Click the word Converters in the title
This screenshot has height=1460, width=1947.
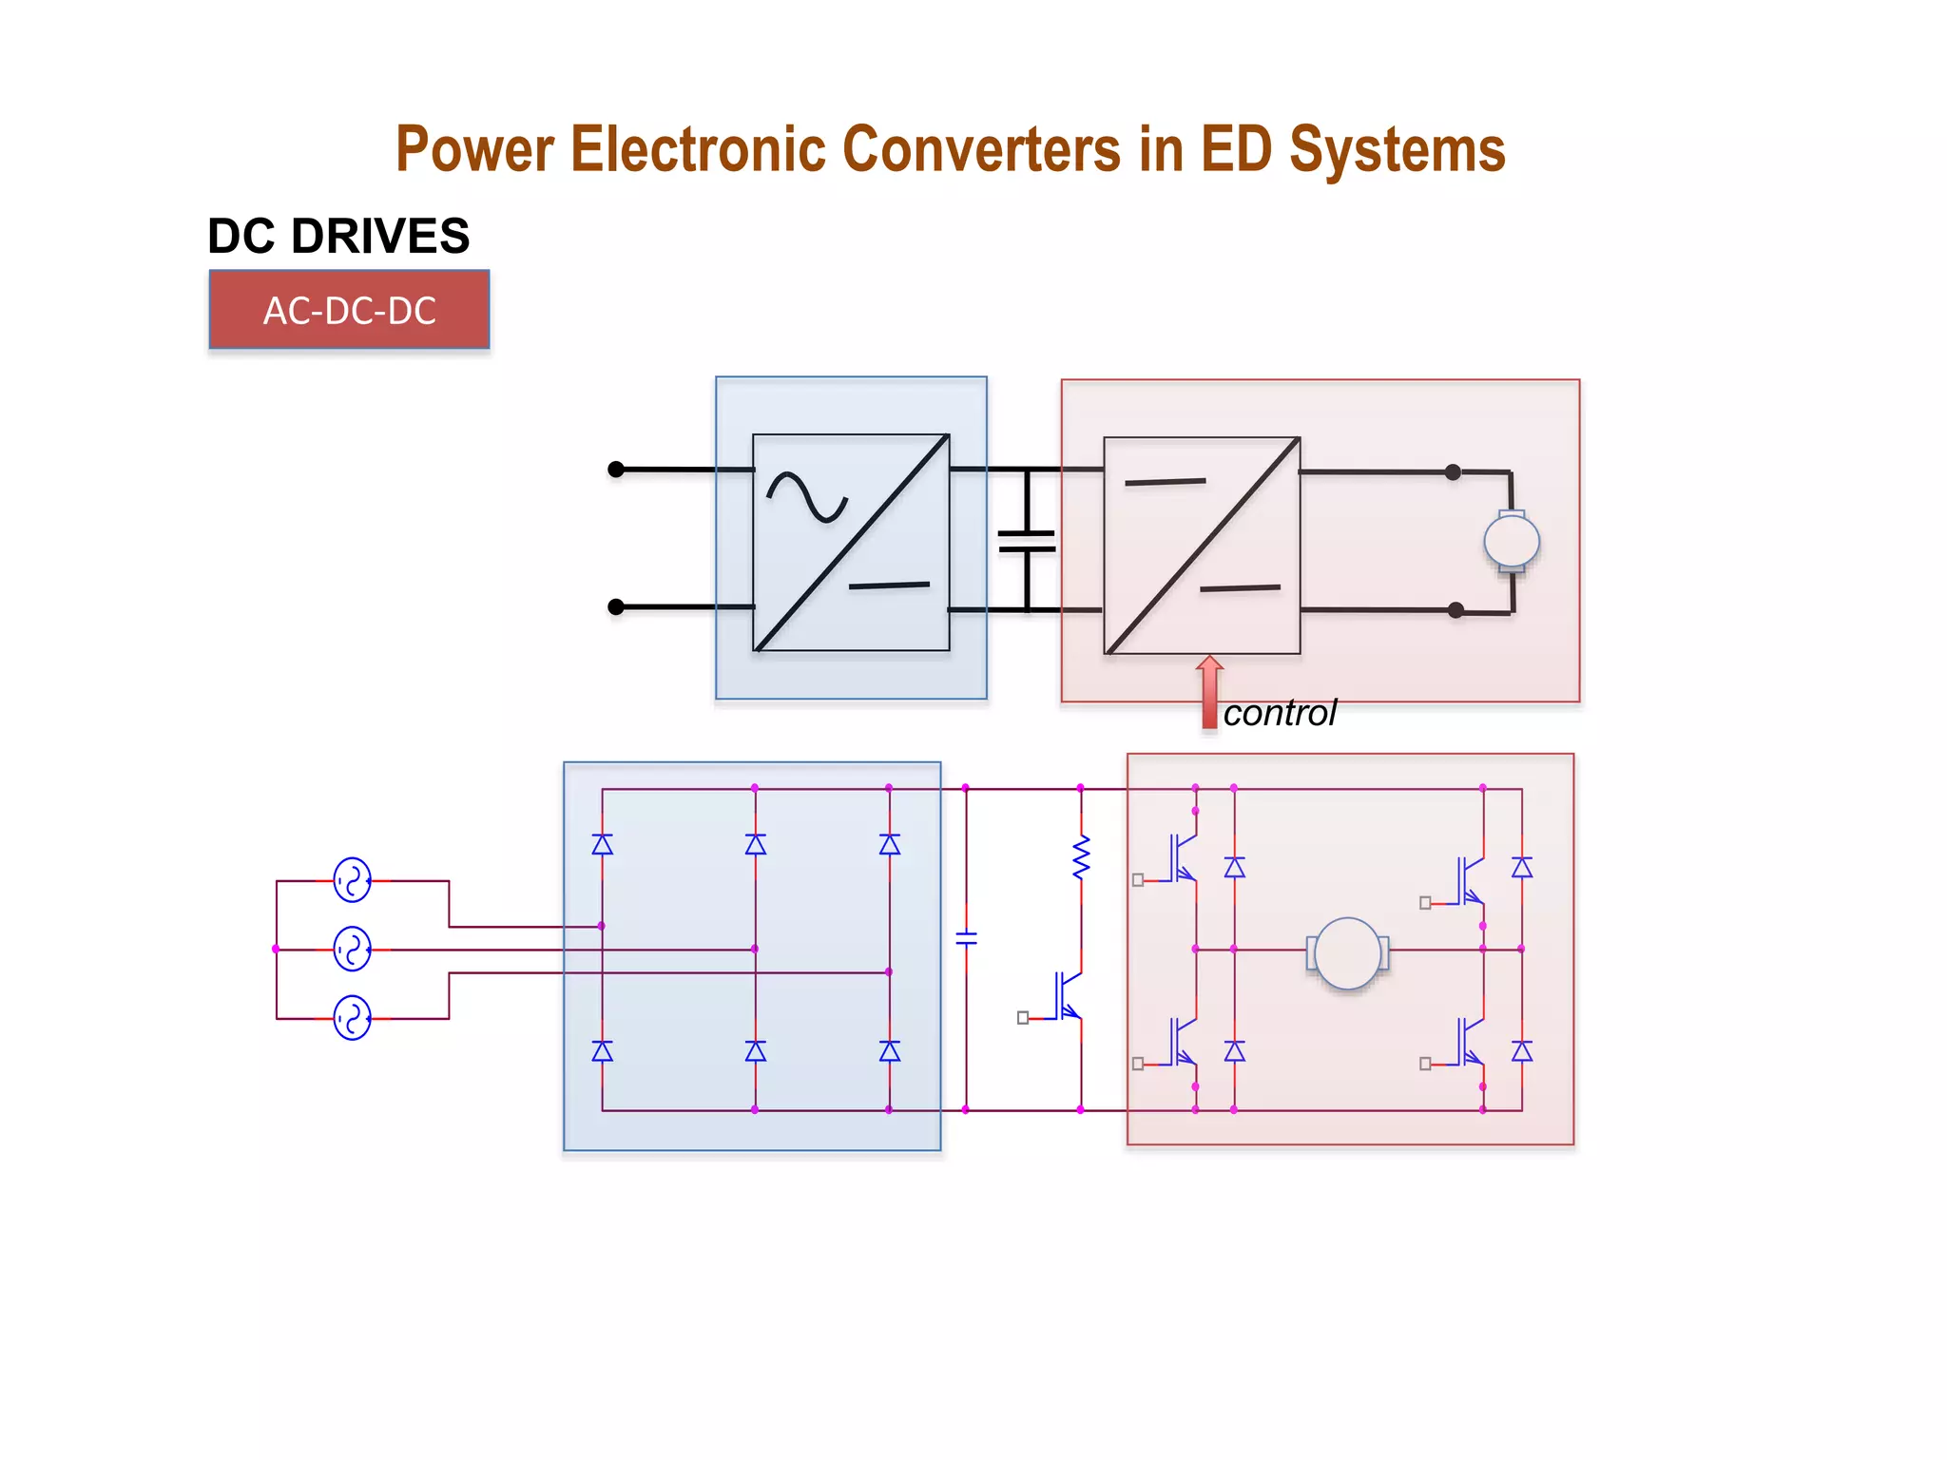(981, 149)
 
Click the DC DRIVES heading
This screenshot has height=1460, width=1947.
(338, 236)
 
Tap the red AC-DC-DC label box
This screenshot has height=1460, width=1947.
(349, 310)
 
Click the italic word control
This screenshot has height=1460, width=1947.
(1279, 713)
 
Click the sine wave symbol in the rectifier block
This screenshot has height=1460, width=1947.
(806, 497)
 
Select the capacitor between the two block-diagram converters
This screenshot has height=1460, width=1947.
(1027, 541)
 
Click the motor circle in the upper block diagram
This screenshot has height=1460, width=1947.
(1512, 541)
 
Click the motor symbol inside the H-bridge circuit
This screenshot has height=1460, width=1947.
(1347, 952)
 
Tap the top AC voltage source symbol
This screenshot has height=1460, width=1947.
(352, 880)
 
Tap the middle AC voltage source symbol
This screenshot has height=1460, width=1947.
(352, 949)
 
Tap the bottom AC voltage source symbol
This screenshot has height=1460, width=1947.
(352, 1017)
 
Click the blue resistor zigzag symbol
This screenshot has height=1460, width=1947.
(1081, 857)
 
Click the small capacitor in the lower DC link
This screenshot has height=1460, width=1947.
(966, 939)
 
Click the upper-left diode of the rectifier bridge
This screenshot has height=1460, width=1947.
(602, 844)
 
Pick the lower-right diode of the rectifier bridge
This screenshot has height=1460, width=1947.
(889, 1050)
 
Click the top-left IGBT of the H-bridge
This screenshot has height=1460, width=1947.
(1182, 858)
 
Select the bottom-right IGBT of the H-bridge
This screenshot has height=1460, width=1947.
(1470, 1042)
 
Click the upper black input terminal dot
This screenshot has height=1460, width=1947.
(616, 469)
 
